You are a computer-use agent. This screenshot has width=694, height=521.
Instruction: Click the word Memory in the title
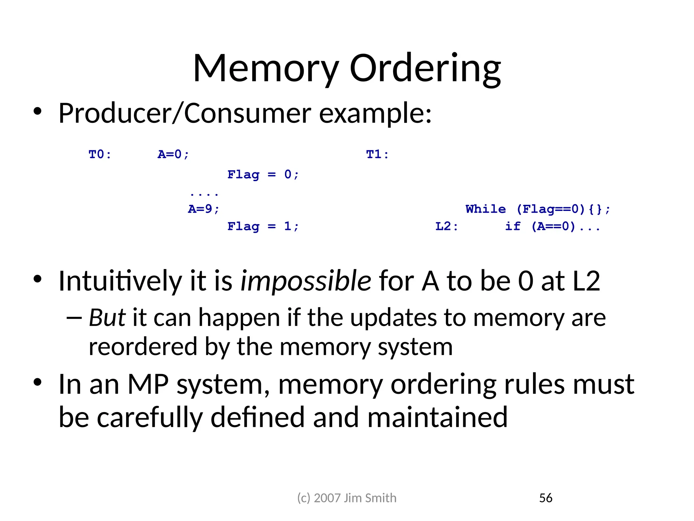click(266, 69)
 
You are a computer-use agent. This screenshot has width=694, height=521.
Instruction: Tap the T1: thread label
click(377, 155)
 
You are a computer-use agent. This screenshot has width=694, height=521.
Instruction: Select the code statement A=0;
click(173, 155)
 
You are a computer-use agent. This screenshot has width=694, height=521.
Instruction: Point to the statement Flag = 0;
click(263, 175)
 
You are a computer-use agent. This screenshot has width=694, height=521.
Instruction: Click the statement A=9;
click(204, 209)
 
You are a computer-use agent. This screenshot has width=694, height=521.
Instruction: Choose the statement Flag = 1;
click(263, 226)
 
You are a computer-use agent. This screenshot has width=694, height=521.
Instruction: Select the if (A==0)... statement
click(552, 226)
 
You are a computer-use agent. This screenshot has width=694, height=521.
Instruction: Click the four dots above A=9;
click(204, 194)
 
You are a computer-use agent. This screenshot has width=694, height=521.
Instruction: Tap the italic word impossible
click(306, 281)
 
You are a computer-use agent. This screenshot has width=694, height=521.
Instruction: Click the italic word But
click(107, 318)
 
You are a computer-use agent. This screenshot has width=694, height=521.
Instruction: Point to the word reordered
click(143, 347)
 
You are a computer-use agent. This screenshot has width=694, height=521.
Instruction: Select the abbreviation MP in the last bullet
click(148, 385)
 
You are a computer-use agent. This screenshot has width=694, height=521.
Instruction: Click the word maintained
click(437, 418)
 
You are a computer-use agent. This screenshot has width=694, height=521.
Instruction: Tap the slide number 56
click(546, 498)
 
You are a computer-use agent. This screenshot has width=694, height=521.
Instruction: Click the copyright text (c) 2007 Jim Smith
click(347, 498)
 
